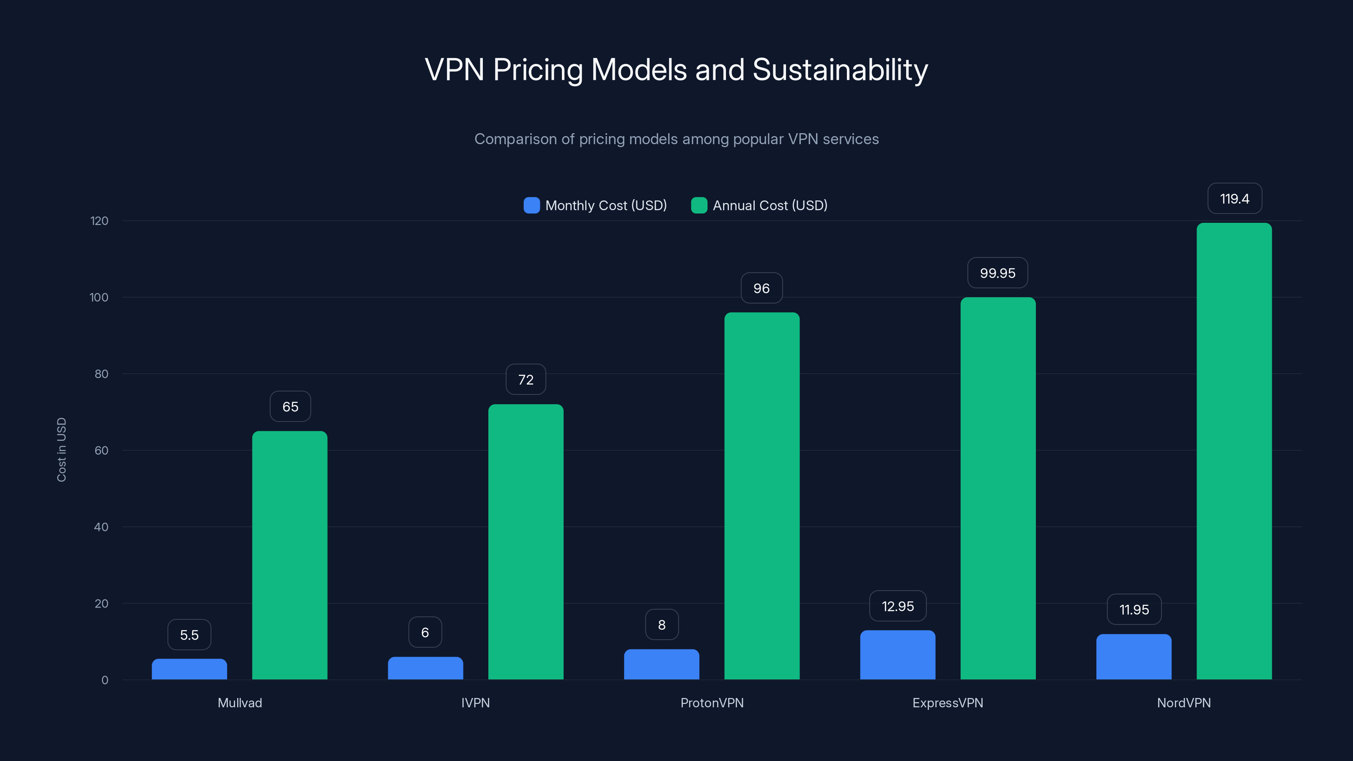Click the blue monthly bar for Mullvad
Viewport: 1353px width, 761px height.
[189, 669]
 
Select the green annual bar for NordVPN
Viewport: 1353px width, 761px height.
[1234, 452]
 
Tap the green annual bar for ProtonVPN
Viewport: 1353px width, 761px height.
[761, 496]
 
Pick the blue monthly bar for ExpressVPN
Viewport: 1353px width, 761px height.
[898, 655]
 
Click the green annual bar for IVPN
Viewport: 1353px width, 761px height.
[526, 542]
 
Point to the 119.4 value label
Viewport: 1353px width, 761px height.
[1234, 199]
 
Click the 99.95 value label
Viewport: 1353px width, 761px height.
[997, 273]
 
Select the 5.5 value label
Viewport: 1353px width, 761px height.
[189, 635]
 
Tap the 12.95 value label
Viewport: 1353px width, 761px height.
[898, 607]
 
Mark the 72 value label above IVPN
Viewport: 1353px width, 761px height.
[526, 380]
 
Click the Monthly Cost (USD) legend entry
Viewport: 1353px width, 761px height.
[596, 205]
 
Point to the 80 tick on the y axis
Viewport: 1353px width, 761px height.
[101, 374]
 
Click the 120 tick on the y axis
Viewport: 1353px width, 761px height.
[99, 221]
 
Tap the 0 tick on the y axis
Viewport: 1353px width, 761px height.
[104, 681]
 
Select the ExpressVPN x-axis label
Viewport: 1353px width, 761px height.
[948, 703]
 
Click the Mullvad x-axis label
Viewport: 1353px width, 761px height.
[239, 703]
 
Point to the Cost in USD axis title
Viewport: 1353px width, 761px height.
[61, 449]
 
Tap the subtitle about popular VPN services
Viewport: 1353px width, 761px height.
[676, 139]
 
